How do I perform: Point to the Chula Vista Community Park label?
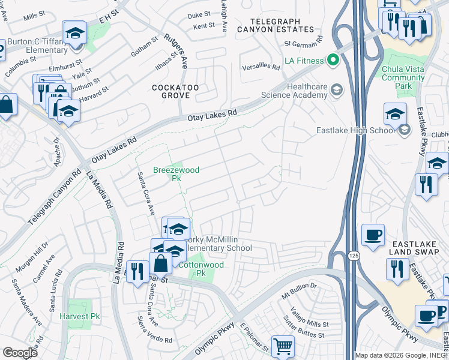point(403,77)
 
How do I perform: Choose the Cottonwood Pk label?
point(202,268)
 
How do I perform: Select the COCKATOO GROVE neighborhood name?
point(175,92)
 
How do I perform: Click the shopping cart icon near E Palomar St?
point(283,346)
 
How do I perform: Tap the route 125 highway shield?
point(349,256)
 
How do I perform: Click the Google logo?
point(20,352)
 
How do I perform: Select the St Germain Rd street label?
point(303,44)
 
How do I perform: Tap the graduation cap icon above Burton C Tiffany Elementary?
point(75,33)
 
